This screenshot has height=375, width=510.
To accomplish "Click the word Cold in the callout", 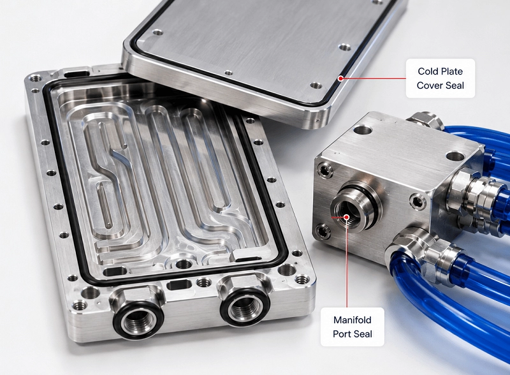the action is coord(426,71).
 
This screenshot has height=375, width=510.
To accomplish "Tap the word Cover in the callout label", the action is coord(429,85).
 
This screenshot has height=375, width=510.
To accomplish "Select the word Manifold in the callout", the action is coord(353,320).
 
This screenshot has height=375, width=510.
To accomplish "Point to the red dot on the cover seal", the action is coord(340,78).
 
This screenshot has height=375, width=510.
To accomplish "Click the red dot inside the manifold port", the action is coord(347,217).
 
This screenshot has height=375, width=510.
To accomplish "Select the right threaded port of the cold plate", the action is coord(243,307).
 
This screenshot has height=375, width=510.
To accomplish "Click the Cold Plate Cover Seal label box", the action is coord(441,78).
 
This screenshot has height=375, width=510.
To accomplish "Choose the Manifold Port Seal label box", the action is coord(353,327).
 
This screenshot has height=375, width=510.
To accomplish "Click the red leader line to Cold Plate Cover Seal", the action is coord(373,78).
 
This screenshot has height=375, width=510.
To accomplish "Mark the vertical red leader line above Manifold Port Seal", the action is coord(347,262).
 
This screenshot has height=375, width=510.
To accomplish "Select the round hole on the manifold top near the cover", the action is coord(362,131).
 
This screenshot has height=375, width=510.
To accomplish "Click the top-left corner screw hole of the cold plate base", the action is coord(35,78).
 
